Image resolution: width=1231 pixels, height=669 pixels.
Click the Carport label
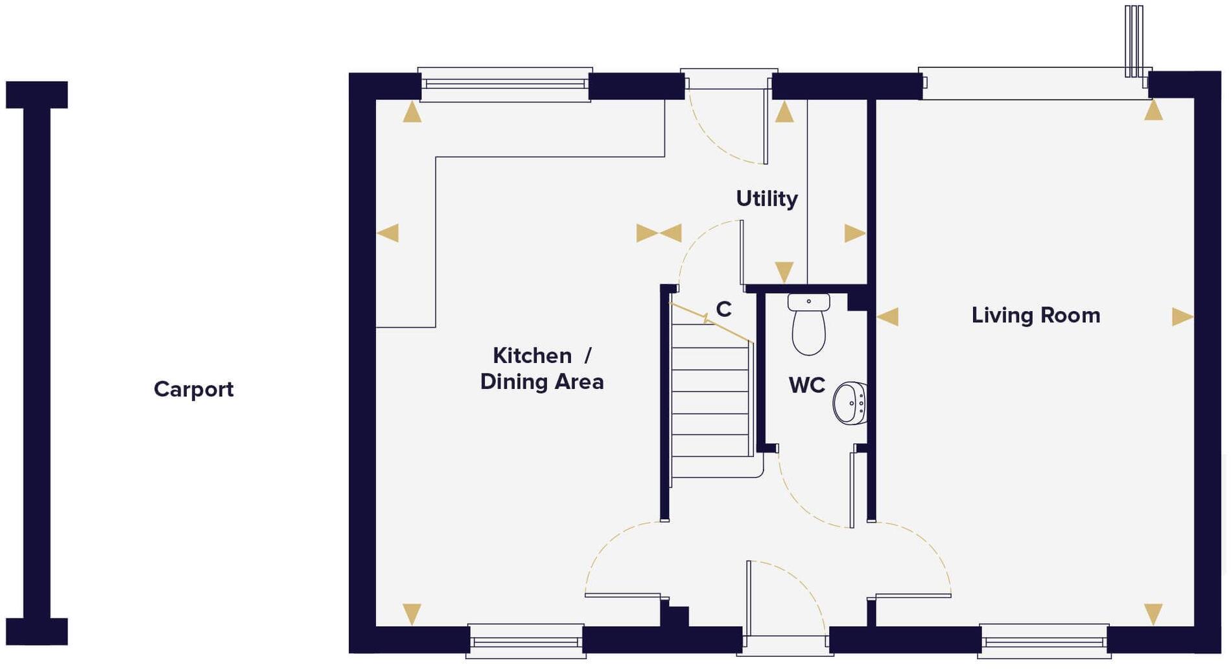[x=193, y=390]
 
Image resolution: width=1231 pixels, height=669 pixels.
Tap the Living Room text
[x=1035, y=316]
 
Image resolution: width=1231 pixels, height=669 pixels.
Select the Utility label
[x=766, y=198]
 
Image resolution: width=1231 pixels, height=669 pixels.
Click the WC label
[x=806, y=385]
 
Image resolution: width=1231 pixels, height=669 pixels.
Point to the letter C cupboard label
[x=723, y=310]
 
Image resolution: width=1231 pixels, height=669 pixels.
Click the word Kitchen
[x=532, y=356]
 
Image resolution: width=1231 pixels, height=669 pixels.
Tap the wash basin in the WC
[x=850, y=403]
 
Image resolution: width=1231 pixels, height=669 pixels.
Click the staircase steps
[x=710, y=402]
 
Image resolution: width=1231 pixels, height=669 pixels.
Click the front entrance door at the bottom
[x=785, y=642]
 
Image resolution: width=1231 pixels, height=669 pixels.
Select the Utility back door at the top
[x=729, y=81]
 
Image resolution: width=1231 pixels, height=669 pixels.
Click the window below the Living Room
[x=1044, y=641]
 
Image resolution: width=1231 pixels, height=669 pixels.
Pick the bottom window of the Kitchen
[x=526, y=641]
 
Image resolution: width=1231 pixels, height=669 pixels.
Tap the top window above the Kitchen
[x=504, y=84]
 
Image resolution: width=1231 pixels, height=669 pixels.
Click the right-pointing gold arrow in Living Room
[x=1182, y=317]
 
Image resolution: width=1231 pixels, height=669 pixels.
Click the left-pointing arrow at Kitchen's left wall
[x=388, y=233]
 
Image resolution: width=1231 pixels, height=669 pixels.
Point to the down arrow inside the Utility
[x=784, y=271]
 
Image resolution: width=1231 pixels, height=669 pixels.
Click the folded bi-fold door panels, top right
[x=1133, y=41]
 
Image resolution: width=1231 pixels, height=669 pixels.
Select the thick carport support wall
[x=37, y=363]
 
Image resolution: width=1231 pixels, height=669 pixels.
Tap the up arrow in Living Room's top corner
[x=1153, y=111]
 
